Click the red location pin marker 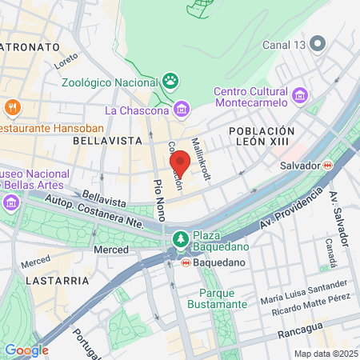click(180, 163)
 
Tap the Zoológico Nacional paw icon click(170, 80)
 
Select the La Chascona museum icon click(182, 109)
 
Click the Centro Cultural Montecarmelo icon click(301, 95)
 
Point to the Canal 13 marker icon click(318, 43)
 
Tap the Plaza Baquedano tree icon click(180, 238)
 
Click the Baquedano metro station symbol click(186, 261)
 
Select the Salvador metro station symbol click(327, 165)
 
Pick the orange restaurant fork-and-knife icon click(12, 106)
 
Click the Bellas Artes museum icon click(12, 202)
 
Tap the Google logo click(26, 350)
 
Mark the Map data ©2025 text click(325, 354)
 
